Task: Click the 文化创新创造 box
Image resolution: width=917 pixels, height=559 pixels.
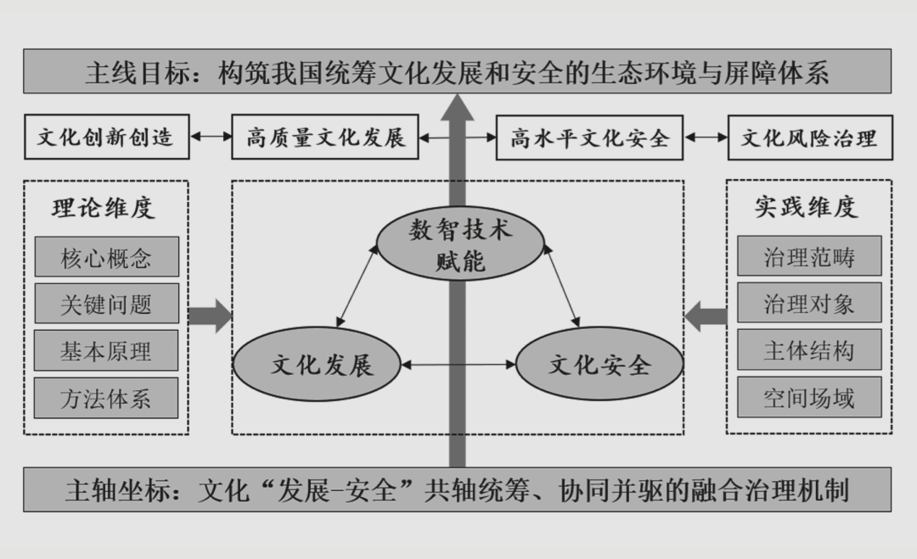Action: pyautogui.click(x=105, y=137)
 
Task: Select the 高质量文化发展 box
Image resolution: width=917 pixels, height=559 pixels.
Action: pyautogui.click(x=326, y=137)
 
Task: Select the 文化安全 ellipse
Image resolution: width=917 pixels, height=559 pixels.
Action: pyautogui.click(x=599, y=366)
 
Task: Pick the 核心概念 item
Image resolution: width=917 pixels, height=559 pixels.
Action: pyautogui.click(x=106, y=257)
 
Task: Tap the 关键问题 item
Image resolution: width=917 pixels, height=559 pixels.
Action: pyautogui.click(x=106, y=304)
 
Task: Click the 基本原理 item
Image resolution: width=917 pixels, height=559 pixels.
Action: pyautogui.click(x=106, y=350)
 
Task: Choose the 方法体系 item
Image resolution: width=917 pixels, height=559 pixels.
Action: pyautogui.click(x=106, y=398)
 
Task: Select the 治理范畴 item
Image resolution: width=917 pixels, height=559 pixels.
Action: pyautogui.click(x=809, y=257)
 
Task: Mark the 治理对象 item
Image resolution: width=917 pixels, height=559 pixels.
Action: pyautogui.click(x=809, y=304)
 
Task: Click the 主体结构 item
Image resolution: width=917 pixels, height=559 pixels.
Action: pyautogui.click(x=809, y=350)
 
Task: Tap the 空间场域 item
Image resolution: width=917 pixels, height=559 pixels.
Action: pyautogui.click(x=809, y=398)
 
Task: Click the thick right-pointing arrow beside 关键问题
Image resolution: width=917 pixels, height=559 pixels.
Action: pyautogui.click(x=209, y=316)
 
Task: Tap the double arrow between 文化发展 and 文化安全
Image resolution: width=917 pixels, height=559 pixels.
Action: pyautogui.click(x=460, y=366)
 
